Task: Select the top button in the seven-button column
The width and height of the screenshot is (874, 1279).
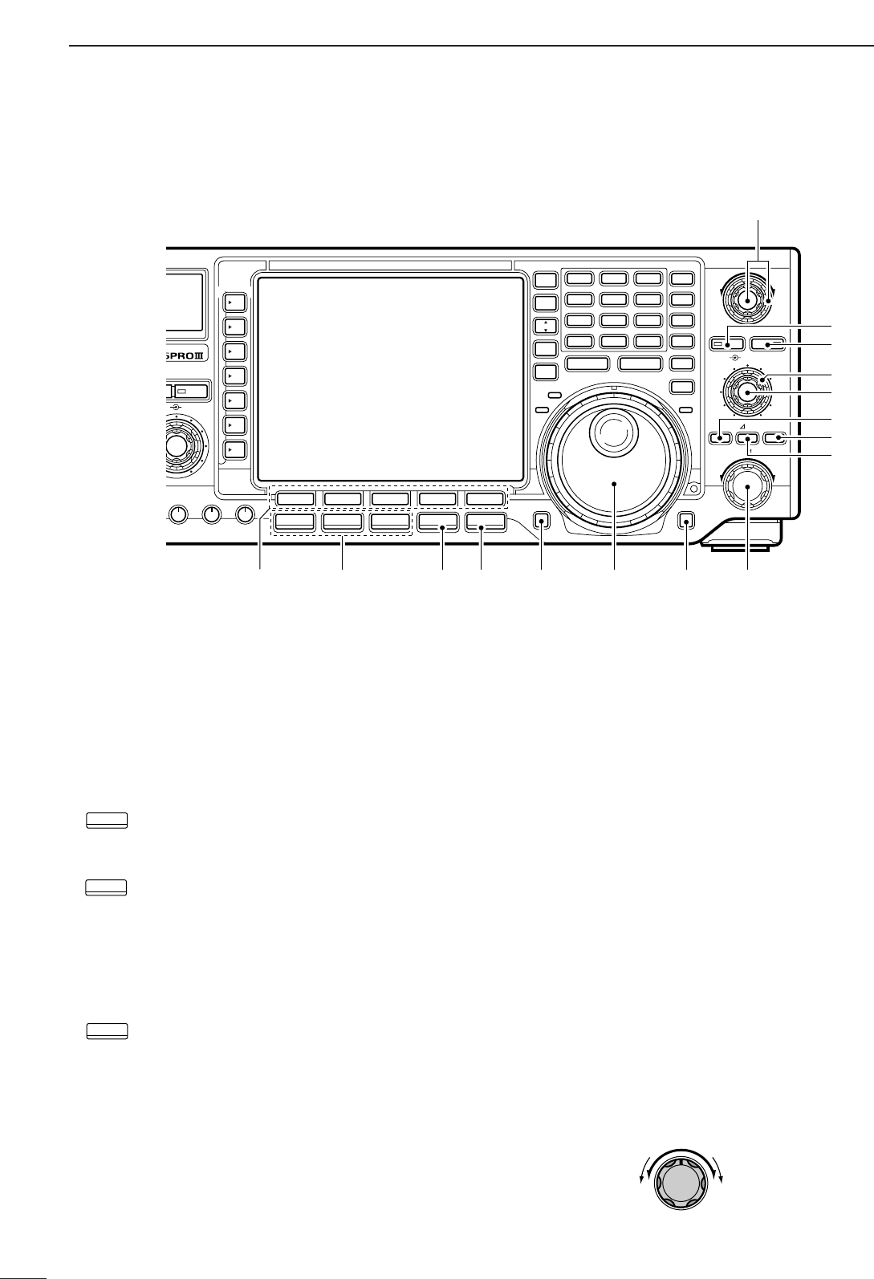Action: (x=234, y=303)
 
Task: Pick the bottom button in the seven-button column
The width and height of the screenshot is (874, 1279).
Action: (x=234, y=450)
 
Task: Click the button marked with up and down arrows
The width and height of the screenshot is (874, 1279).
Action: (x=546, y=326)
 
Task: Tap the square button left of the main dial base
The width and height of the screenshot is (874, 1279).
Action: (x=543, y=521)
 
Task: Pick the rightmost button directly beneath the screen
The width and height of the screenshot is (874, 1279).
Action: (x=486, y=499)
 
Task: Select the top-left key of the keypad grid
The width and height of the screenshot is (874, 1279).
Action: (x=579, y=280)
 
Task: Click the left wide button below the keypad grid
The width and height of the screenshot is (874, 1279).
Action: (x=587, y=363)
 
